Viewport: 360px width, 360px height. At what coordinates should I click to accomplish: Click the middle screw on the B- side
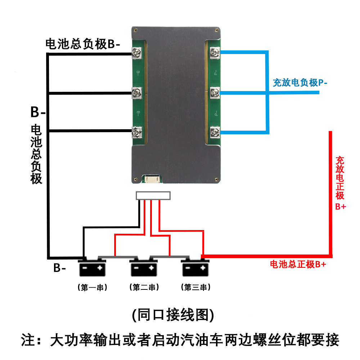[x=137, y=93]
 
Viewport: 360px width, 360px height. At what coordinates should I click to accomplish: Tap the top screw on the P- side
[x=215, y=53]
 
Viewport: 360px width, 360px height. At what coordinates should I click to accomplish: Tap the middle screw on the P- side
[x=215, y=93]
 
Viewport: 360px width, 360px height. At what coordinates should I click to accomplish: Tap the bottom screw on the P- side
[x=215, y=132]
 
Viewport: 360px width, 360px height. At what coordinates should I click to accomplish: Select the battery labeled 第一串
[x=93, y=268]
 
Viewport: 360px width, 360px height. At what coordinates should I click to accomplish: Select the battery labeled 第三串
[x=195, y=268]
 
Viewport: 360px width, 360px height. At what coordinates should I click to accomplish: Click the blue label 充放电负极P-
[x=300, y=83]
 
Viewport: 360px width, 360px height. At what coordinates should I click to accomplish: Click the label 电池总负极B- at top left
[x=82, y=44]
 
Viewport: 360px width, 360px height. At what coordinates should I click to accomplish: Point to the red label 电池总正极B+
[x=298, y=265]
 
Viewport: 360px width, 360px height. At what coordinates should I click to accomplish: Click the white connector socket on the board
[x=153, y=178]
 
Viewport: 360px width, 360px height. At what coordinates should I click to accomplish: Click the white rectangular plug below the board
[x=153, y=196]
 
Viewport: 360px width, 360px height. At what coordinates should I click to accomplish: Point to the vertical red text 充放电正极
[x=340, y=178]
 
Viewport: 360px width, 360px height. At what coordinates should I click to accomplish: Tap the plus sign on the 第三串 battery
[x=203, y=268]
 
